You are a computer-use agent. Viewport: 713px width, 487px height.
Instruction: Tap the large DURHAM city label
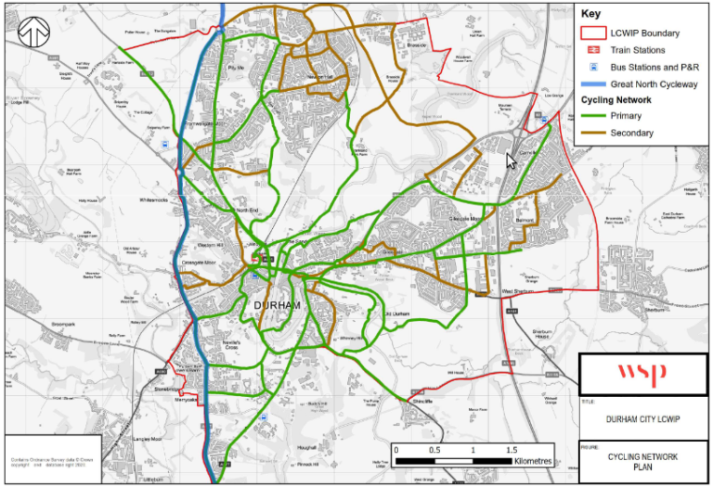point(277,305)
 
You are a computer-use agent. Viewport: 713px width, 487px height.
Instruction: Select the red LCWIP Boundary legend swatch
point(590,32)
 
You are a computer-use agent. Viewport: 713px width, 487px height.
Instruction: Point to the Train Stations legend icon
point(590,50)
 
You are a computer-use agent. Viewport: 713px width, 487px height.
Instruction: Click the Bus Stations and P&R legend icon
point(590,67)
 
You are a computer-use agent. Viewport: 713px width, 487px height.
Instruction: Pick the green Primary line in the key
point(590,116)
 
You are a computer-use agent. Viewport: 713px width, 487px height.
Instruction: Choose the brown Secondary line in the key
point(590,133)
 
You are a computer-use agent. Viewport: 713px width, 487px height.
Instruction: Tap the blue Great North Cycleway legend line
point(590,83)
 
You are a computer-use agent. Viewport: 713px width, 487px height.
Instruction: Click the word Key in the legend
point(592,15)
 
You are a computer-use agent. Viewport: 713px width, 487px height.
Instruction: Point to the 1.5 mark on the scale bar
point(512,449)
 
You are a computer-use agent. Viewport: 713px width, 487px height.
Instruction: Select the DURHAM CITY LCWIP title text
point(643,419)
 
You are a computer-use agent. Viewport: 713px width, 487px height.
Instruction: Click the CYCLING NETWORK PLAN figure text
point(643,461)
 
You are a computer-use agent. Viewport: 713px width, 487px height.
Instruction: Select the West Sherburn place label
point(521,292)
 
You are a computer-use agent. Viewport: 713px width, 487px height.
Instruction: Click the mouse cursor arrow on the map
point(511,160)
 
